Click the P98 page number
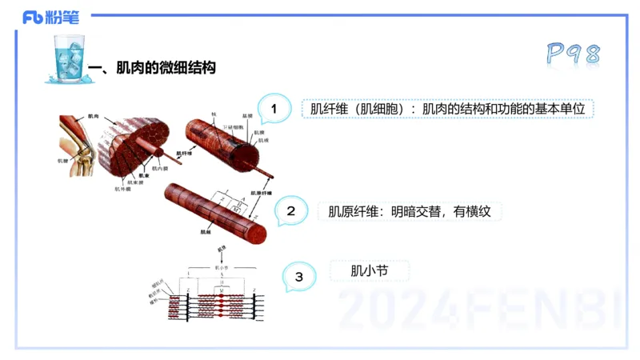tap(573, 54)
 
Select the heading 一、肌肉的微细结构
tap(155, 69)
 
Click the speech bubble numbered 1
tap(274, 109)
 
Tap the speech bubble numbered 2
tap(291, 212)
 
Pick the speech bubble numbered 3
tap(298, 277)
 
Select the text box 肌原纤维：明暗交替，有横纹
tap(414, 211)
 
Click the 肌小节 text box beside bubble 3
tap(369, 270)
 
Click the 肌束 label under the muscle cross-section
tap(144, 174)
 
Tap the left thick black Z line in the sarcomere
tap(188, 302)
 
